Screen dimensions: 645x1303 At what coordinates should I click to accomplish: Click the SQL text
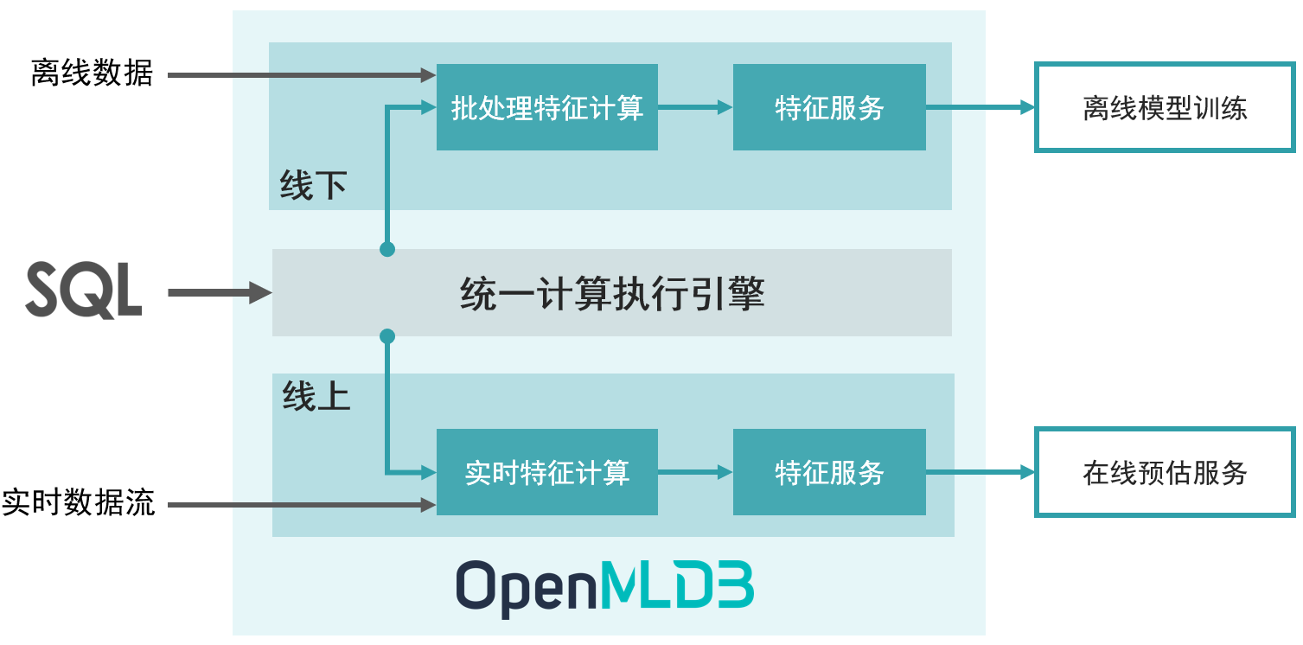84,291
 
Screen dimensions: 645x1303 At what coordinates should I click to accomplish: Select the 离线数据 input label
92,74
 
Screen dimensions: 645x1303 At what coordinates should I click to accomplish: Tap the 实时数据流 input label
79,502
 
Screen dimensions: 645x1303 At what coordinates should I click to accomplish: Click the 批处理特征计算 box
546,107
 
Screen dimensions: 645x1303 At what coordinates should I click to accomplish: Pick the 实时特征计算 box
546,472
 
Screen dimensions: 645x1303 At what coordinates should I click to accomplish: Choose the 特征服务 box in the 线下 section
829,107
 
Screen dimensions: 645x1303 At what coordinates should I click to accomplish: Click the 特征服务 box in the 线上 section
829,472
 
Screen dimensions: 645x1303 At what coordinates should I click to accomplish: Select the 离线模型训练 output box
1165,108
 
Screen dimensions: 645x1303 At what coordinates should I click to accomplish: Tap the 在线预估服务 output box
1165,472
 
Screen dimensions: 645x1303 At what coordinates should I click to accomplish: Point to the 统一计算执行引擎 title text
612,294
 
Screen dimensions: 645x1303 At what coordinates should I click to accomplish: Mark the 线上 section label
316,396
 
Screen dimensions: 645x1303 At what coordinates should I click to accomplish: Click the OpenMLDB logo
604,589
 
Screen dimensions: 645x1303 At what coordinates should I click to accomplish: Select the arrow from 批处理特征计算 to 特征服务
695,107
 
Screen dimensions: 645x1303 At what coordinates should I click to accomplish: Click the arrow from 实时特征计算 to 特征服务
695,472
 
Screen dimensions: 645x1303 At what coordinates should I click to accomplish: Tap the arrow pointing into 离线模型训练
980,107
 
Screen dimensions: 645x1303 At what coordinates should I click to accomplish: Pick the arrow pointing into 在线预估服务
980,472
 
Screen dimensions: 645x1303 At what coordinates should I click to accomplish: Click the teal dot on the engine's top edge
387,249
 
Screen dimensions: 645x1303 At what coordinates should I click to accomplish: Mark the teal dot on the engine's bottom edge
387,335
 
